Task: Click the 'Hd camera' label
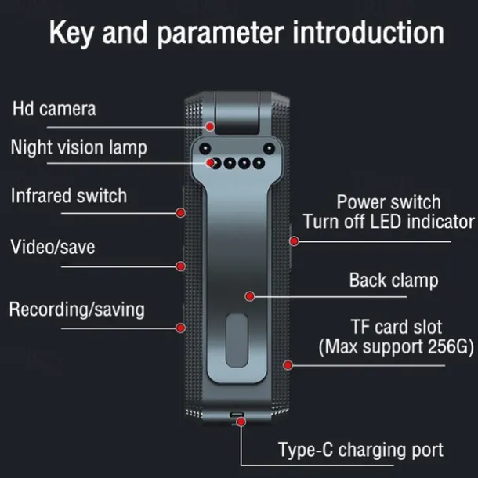[54, 108]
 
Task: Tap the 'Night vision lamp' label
[78, 147]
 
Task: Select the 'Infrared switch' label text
[68, 195]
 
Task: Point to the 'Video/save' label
[53, 247]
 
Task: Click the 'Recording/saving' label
[77, 309]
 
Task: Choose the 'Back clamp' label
[393, 280]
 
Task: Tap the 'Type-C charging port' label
[360, 450]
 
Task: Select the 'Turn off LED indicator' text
[389, 222]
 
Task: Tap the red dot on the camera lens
[210, 125]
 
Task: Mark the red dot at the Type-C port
[241, 422]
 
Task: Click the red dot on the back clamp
[249, 296]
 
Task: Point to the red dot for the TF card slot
[288, 364]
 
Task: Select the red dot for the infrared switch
[180, 212]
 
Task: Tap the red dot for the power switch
[295, 241]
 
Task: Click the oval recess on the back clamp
[238, 339]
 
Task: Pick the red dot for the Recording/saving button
[182, 327]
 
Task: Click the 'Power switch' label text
[389, 202]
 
